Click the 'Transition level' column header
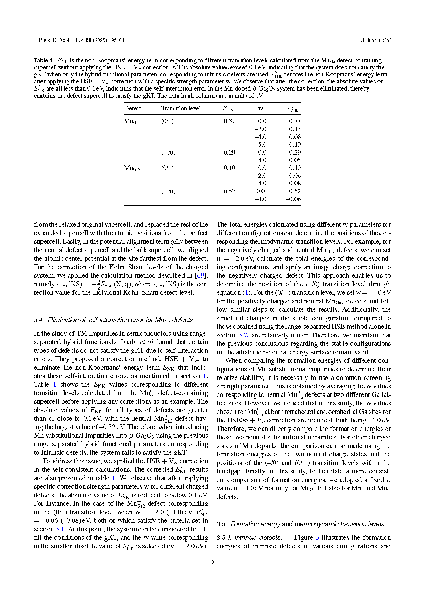[x=181, y=108]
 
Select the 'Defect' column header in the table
[x=132, y=108]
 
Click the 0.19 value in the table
[x=295, y=145]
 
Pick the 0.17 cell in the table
[x=295, y=129]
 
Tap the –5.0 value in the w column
[x=260, y=145]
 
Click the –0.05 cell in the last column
[x=293, y=160]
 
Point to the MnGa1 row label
[x=132, y=121]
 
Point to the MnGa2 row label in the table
[x=132, y=168]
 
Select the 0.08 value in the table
[x=295, y=137]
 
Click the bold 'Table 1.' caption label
[x=44, y=61]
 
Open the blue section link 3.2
[x=243, y=335]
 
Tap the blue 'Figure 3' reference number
[x=317, y=538]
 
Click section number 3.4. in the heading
[x=39, y=320]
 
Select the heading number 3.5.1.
[x=224, y=538]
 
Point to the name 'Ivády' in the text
[x=129, y=342]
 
